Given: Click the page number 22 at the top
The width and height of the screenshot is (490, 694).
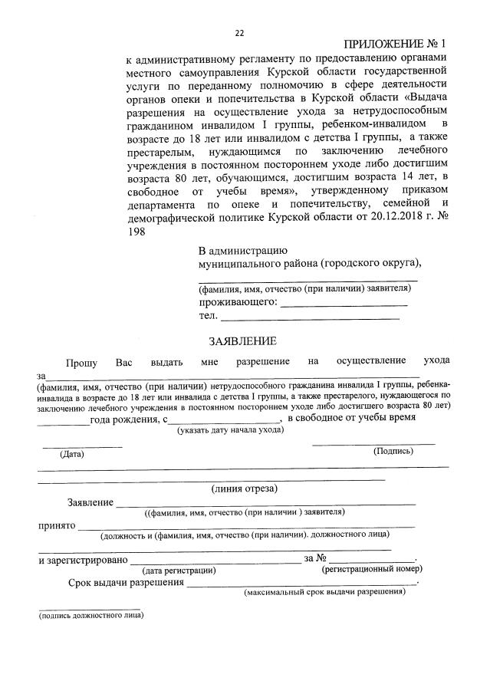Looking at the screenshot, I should click(239, 33).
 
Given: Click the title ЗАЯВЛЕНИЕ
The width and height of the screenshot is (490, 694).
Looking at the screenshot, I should click(243, 341).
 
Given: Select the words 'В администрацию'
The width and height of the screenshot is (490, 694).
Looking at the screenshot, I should click(242, 250).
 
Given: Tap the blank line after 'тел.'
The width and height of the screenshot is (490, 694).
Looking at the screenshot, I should click(310, 317).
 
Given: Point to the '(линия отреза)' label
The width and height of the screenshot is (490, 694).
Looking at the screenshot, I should click(245, 488).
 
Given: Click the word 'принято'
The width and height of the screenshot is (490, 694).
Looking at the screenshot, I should click(56, 526).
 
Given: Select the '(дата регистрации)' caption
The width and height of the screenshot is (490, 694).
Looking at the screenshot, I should click(179, 570).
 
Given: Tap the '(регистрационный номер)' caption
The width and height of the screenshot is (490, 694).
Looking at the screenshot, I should click(372, 569).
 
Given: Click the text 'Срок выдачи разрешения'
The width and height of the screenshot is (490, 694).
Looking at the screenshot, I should click(126, 583).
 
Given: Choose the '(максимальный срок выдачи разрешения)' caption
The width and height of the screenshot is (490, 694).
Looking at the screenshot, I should click(324, 593).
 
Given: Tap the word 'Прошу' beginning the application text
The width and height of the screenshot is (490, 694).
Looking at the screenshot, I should click(81, 361).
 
